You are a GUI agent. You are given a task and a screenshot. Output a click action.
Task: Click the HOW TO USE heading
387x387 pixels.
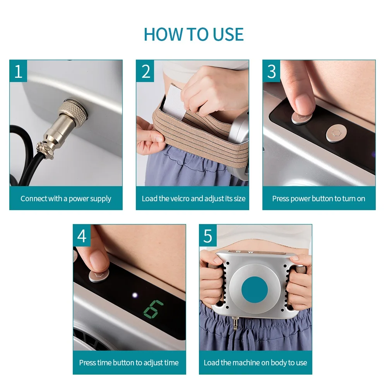coord(194,34)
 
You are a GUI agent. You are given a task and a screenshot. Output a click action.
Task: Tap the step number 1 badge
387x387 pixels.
coord(18,71)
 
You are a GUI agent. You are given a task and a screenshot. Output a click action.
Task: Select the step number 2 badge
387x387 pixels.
coord(145,71)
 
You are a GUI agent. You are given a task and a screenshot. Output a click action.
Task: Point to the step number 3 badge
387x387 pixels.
coord(272,71)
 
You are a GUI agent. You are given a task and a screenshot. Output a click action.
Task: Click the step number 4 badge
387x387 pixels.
coord(82,235)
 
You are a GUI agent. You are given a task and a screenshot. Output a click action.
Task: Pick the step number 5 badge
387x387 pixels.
coord(208,235)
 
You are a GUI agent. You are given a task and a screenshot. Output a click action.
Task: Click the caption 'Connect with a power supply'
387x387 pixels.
coord(66,199)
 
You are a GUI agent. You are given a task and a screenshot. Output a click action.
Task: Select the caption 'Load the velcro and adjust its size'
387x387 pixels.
coord(193,199)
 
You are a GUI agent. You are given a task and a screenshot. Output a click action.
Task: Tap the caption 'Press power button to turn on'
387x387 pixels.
coord(319,199)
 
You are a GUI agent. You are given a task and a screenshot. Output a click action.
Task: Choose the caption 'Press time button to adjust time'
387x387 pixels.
coord(129,363)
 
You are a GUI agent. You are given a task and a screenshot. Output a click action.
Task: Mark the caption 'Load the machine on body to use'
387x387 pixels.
coord(255,363)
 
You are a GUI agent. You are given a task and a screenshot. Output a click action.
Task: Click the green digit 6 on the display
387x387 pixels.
coord(154,310)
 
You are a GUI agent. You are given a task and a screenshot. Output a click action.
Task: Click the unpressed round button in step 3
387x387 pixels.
coord(336,134)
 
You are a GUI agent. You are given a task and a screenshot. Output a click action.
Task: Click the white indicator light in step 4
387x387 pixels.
coord(135,295)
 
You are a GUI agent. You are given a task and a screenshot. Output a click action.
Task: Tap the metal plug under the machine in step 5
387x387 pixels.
coord(235,323)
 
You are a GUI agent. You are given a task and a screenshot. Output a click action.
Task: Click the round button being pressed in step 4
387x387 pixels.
coord(99,276)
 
